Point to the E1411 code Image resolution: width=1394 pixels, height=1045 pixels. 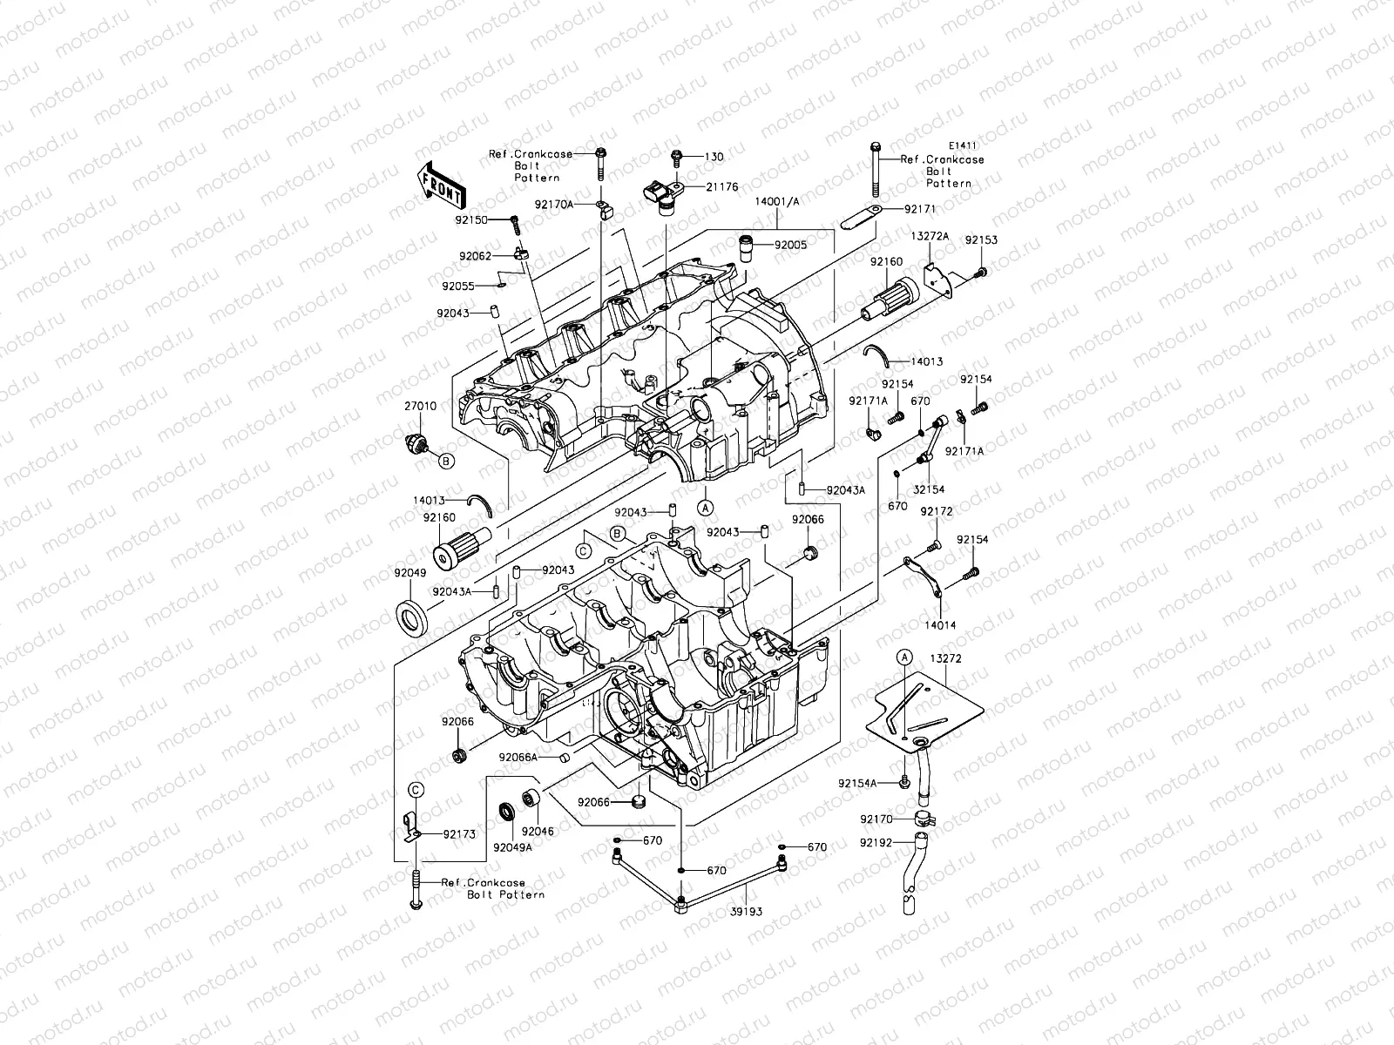[x=963, y=148]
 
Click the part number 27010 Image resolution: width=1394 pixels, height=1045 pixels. [x=421, y=407]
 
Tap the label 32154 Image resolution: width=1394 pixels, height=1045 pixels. [x=929, y=490]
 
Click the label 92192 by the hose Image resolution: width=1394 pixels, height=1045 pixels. [x=876, y=843]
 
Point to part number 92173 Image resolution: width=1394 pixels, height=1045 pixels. [x=459, y=834]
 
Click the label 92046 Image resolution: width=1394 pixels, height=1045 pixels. [x=536, y=832]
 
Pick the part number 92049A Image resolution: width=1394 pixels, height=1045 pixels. [x=511, y=846]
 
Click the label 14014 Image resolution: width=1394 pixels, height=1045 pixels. [x=940, y=625]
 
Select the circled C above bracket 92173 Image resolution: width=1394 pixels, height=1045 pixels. [x=416, y=790]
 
